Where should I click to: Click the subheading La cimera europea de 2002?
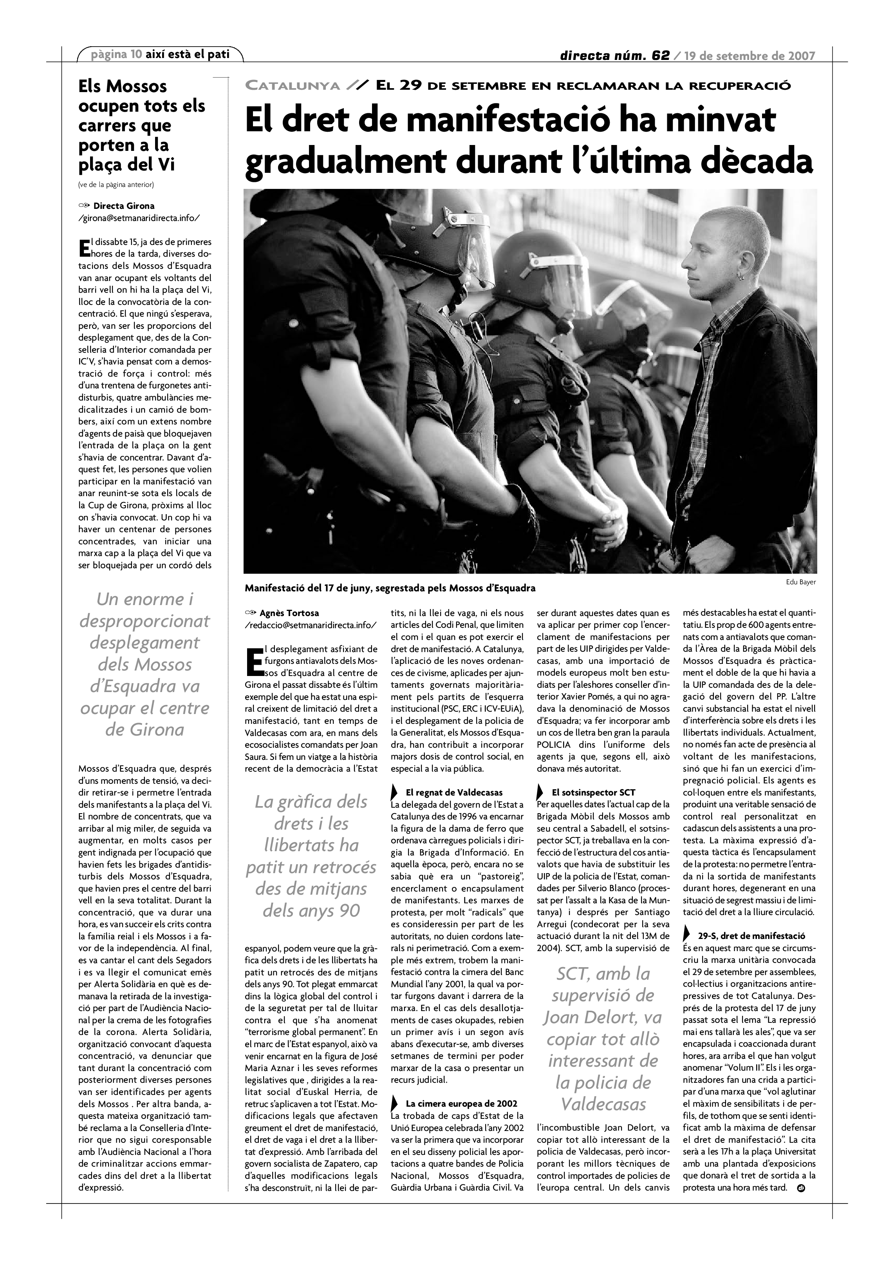(461, 1088)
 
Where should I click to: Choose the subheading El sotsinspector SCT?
(593, 793)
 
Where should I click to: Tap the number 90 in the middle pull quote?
(349, 910)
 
